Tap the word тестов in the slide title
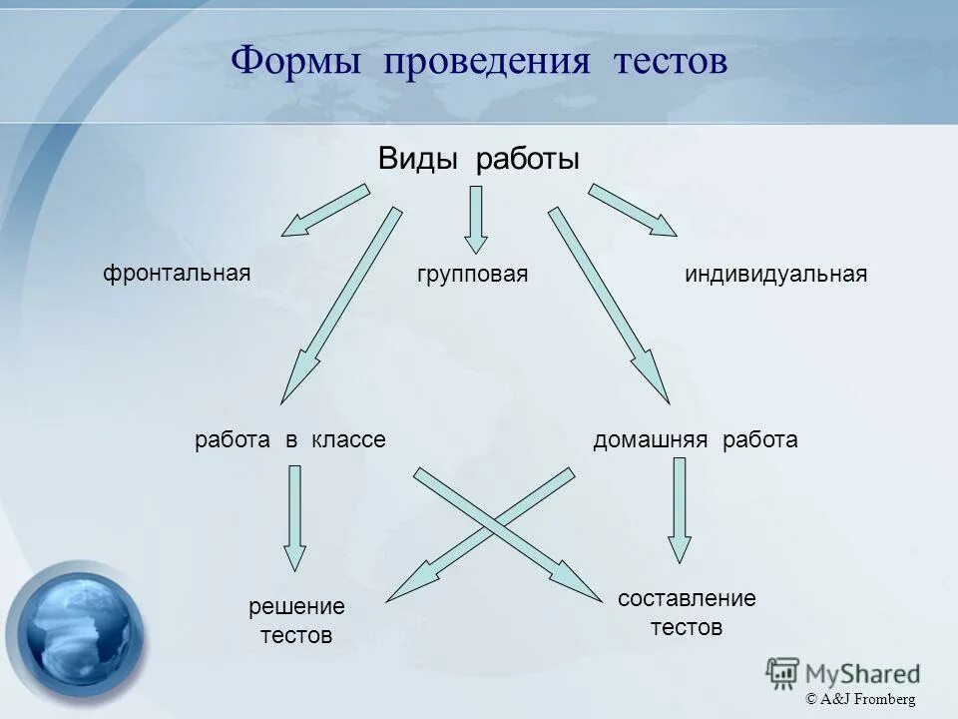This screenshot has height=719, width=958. [671, 63]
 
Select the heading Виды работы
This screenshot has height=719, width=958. [479, 159]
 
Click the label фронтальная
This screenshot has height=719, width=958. [177, 273]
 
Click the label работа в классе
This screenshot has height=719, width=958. [290, 439]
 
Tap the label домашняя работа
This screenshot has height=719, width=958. [696, 439]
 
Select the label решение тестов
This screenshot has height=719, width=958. [296, 620]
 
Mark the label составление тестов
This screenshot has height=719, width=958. [687, 613]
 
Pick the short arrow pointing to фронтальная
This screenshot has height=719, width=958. [324, 211]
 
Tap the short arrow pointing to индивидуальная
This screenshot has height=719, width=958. [633, 211]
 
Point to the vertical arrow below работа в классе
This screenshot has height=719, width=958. [294, 517]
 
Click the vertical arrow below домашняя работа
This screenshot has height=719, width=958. [680, 509]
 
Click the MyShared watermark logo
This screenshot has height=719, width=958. [843, 672]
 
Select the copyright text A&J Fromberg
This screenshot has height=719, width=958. [860, 700]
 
